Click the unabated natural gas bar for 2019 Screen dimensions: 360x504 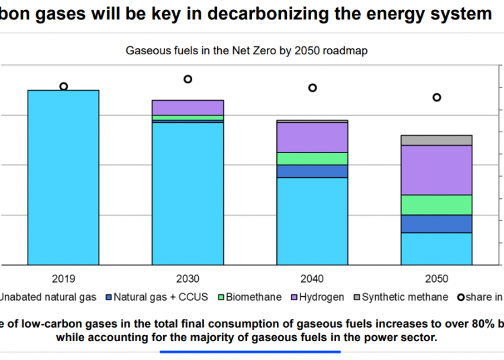coord(63,177)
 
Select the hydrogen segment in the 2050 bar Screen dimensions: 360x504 coord(437,170)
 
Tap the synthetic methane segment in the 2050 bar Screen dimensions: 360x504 coord(437,140)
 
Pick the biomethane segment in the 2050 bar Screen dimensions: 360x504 coord(437,205)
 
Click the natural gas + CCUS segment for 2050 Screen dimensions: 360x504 coord(437,224)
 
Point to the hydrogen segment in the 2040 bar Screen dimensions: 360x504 coord(312,137)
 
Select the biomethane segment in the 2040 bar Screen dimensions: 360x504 coord(312,159)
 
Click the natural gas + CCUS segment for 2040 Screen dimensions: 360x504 coord(312,171)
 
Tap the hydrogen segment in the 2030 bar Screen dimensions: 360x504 coord(187,107)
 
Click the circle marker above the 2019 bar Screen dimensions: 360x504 coord(64,86)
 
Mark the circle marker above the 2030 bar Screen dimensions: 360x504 coord(188,79)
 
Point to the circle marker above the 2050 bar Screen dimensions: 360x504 coord(437,97)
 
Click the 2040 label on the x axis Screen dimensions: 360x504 coord(312,278)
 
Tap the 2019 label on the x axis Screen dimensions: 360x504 coord(63,278)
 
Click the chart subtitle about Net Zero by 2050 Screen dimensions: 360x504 coord(247,50)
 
